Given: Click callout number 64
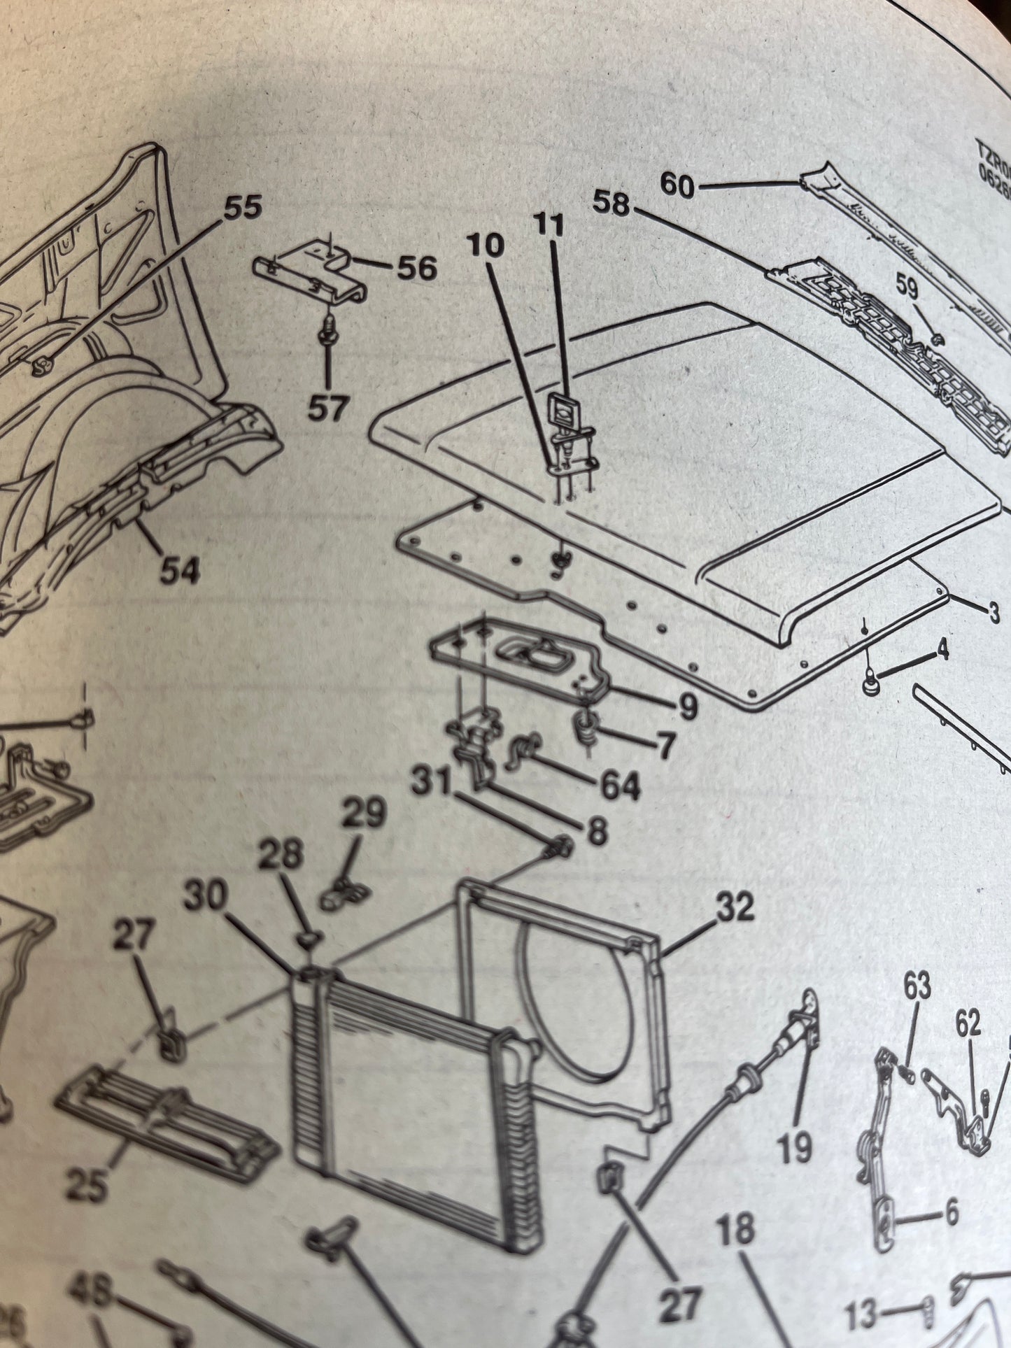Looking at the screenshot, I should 619,786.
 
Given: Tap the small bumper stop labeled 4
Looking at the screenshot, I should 870,687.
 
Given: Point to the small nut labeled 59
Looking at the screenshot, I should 938,339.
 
